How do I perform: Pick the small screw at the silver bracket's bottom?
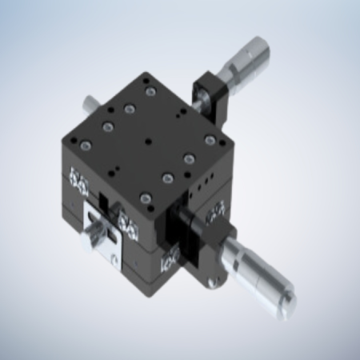coord(114,258)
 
